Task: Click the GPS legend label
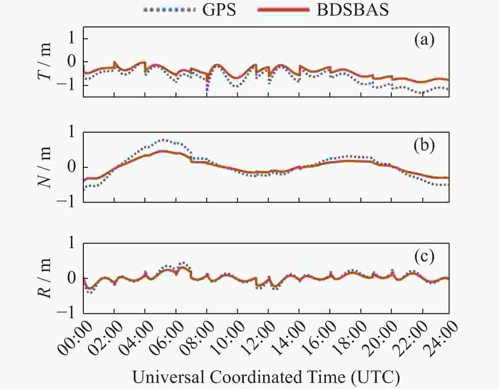pos(219,10)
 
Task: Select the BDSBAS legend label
pos(353,10)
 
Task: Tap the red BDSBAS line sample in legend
pos(283,10)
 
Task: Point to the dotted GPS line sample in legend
pos(169,10)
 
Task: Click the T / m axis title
pos(45,62)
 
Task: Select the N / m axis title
pos(45,167)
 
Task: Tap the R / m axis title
pos(45,278)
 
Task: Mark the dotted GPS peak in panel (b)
pos(163,139)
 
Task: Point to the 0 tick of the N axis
pos(72,167)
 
